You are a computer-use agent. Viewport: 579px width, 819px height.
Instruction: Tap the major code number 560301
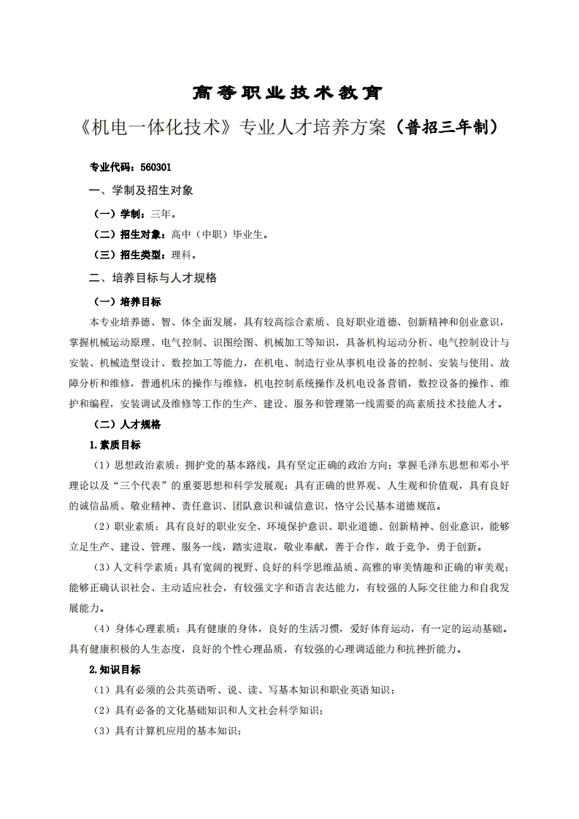(156, 167)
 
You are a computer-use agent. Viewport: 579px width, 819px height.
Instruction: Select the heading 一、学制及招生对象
(141, 191)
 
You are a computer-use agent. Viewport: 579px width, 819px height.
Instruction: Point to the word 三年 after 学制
(161, 214)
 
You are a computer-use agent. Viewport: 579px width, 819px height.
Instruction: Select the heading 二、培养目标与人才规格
(152, 278)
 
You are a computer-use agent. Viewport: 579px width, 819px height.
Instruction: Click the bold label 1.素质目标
(115, 445)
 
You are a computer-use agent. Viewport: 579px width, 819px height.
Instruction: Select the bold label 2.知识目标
(115, 669)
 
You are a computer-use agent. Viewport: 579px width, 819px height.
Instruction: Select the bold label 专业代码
(107, 167)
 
